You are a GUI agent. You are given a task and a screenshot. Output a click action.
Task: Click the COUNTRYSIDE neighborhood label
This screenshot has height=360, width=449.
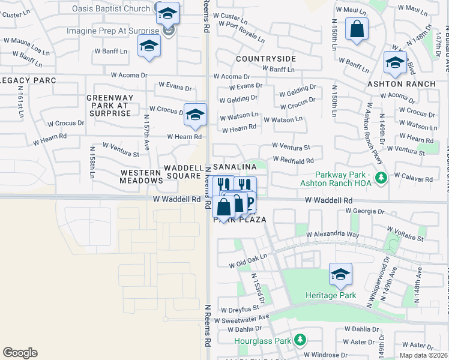(x=266, y=59)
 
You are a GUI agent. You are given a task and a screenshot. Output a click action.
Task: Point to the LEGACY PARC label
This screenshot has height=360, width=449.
(x=28, y=80)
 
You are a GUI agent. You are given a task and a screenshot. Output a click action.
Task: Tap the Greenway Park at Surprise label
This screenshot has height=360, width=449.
(x=108, y=105)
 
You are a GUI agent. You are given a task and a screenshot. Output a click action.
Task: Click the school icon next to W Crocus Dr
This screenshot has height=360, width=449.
(x=195, y=114)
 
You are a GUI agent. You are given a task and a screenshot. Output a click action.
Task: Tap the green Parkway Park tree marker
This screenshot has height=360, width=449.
(x=381, y=178)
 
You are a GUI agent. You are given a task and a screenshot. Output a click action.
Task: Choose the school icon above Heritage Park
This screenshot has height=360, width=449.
(x=340, y=274)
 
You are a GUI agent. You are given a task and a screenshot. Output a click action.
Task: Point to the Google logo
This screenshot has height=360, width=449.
(x=20, y=353)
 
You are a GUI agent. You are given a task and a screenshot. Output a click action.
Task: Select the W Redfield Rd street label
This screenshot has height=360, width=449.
(x=294, y=160)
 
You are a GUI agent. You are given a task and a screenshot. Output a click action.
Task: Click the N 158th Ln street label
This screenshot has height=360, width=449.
(x=92, y=162)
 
